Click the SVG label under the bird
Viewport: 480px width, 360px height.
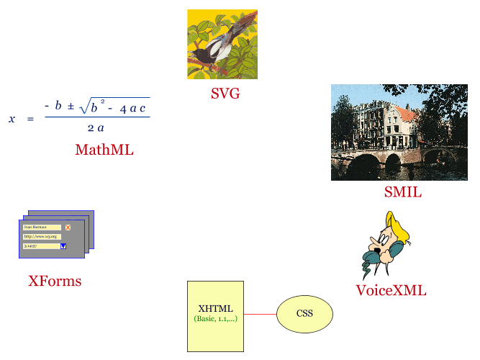point(225,93)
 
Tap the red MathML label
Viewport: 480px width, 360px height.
point(104,150)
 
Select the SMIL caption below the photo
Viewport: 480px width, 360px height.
point(402,192)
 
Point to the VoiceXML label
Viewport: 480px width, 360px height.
point(391,291)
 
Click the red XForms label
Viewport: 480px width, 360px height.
point(55,282)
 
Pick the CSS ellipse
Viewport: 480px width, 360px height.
point(304,314)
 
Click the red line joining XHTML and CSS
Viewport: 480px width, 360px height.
point(260,314)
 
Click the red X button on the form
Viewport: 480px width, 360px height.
point(68,227)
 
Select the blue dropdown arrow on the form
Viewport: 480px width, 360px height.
point(63,246)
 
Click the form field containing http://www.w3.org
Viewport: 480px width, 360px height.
point(42,236)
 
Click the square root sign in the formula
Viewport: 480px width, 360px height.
point(83,107)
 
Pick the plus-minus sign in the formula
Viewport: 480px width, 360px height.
point(71,107)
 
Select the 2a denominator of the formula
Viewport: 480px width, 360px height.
point(96,127)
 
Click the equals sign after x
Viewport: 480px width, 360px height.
point(30,119)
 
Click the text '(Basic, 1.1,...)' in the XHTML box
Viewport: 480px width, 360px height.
point(215,318)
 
